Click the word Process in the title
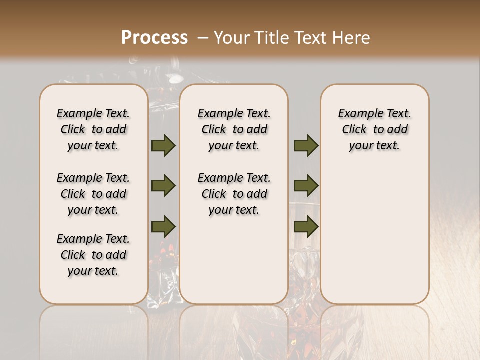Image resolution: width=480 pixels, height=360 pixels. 154,38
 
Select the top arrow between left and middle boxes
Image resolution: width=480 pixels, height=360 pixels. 163,146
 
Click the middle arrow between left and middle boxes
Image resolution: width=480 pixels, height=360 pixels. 163,186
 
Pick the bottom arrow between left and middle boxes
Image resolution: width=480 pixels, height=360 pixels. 163,227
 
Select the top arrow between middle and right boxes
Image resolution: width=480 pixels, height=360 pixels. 306,146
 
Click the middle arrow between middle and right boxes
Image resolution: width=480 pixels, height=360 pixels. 306,186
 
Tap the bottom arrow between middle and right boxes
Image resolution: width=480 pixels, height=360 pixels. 306,227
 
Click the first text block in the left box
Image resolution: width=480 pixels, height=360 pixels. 93,129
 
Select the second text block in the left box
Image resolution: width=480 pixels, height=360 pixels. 93,194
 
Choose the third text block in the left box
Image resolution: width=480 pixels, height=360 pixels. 93,255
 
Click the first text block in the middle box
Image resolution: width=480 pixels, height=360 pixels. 234,129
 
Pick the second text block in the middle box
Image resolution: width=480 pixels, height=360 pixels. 234,194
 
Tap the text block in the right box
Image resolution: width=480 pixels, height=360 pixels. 374,129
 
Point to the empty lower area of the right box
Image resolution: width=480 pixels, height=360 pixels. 374,235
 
